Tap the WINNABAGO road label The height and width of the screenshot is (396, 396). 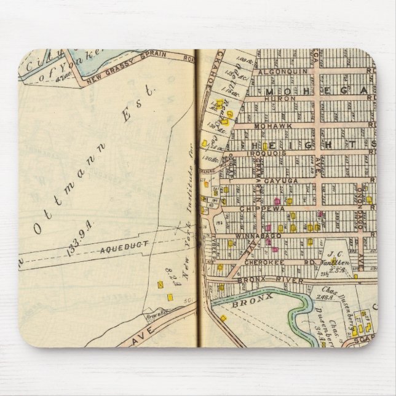point(258,235)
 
